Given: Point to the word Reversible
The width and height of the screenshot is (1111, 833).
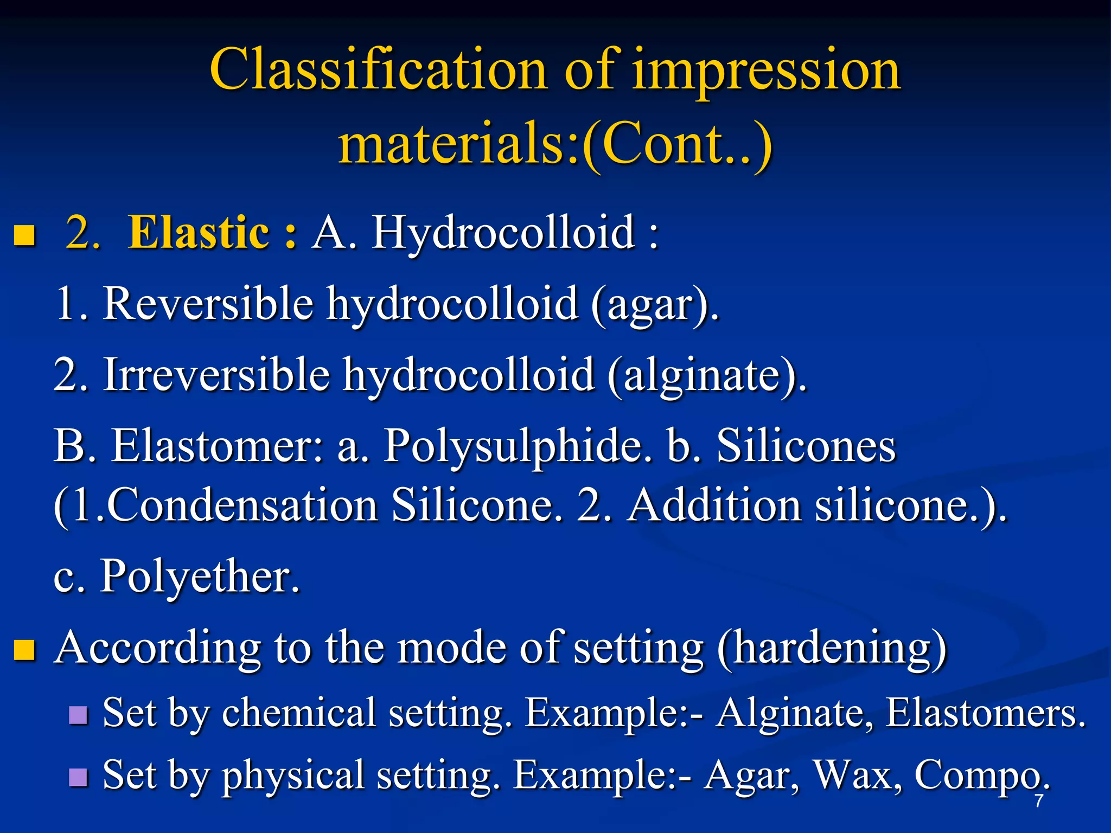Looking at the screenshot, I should pyautogui.click(x=208, y=303).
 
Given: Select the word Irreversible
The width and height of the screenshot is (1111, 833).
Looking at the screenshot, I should pyautogui.click(x=216, y=374).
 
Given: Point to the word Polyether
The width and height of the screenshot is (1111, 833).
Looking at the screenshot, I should pyautogui.click(x=200, y=576).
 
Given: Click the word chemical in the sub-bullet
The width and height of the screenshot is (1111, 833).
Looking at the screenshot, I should pyautogui.click(x=299, y=713).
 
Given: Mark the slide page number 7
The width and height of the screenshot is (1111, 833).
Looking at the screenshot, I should pyautogui.click(x=1038, y=801).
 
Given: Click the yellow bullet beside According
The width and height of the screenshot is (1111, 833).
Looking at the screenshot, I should pyautogui.click(x=24, y=649).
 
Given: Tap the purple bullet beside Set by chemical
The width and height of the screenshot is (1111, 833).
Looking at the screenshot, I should pyautogui.click(x=79, y=715).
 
